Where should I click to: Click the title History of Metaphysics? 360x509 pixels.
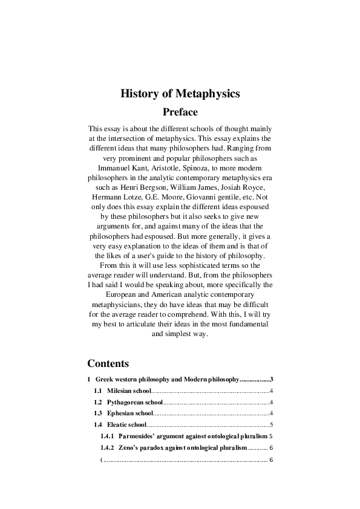[180, 94]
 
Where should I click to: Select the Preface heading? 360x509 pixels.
[180, 112]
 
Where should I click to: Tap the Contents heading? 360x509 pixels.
[108, 363]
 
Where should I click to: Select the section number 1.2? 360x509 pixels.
[97, 402]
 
